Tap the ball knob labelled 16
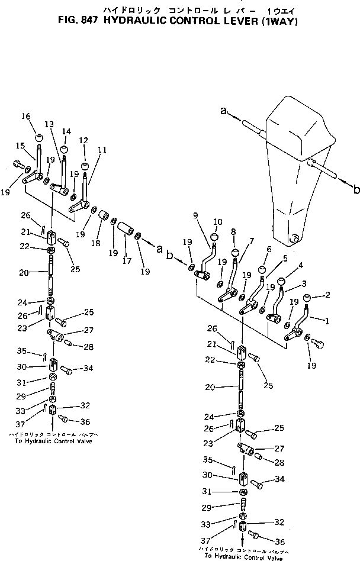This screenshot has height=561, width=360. point(38,139)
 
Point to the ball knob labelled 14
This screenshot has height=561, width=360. point(64,149)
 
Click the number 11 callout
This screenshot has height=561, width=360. point(102,150)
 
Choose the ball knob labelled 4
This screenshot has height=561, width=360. point(281,280)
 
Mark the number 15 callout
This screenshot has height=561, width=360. point(20,146)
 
